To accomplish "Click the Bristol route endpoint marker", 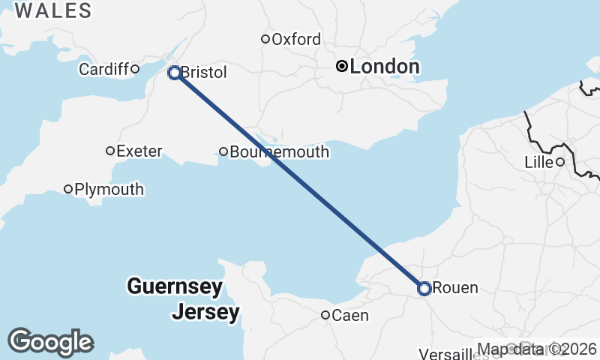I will [174, 73].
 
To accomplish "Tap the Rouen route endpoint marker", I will [424, 288].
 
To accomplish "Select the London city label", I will [384, 67].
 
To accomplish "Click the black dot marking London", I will [342, 66].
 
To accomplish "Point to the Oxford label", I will [296, 39].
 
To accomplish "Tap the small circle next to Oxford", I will [265, 39].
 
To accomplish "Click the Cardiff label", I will [104, 69].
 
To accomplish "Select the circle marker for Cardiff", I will [135, 69].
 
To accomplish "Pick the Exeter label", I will [139, 151].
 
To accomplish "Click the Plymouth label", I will [109, 189].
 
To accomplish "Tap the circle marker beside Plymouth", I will [68, 189].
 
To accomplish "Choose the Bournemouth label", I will [280, 152].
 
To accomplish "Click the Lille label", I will [538, 162].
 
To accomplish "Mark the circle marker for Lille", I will [559, 162].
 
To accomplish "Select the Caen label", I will [350, 315].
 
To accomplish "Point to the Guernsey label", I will [175, 286].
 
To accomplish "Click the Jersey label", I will [205, 311].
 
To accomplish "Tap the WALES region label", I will [52, 10].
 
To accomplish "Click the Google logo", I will [50, 342].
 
